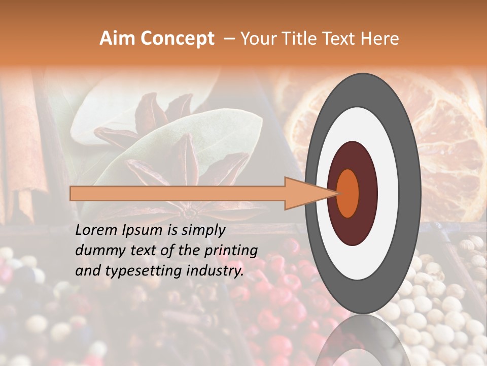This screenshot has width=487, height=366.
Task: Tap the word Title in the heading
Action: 297,39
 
